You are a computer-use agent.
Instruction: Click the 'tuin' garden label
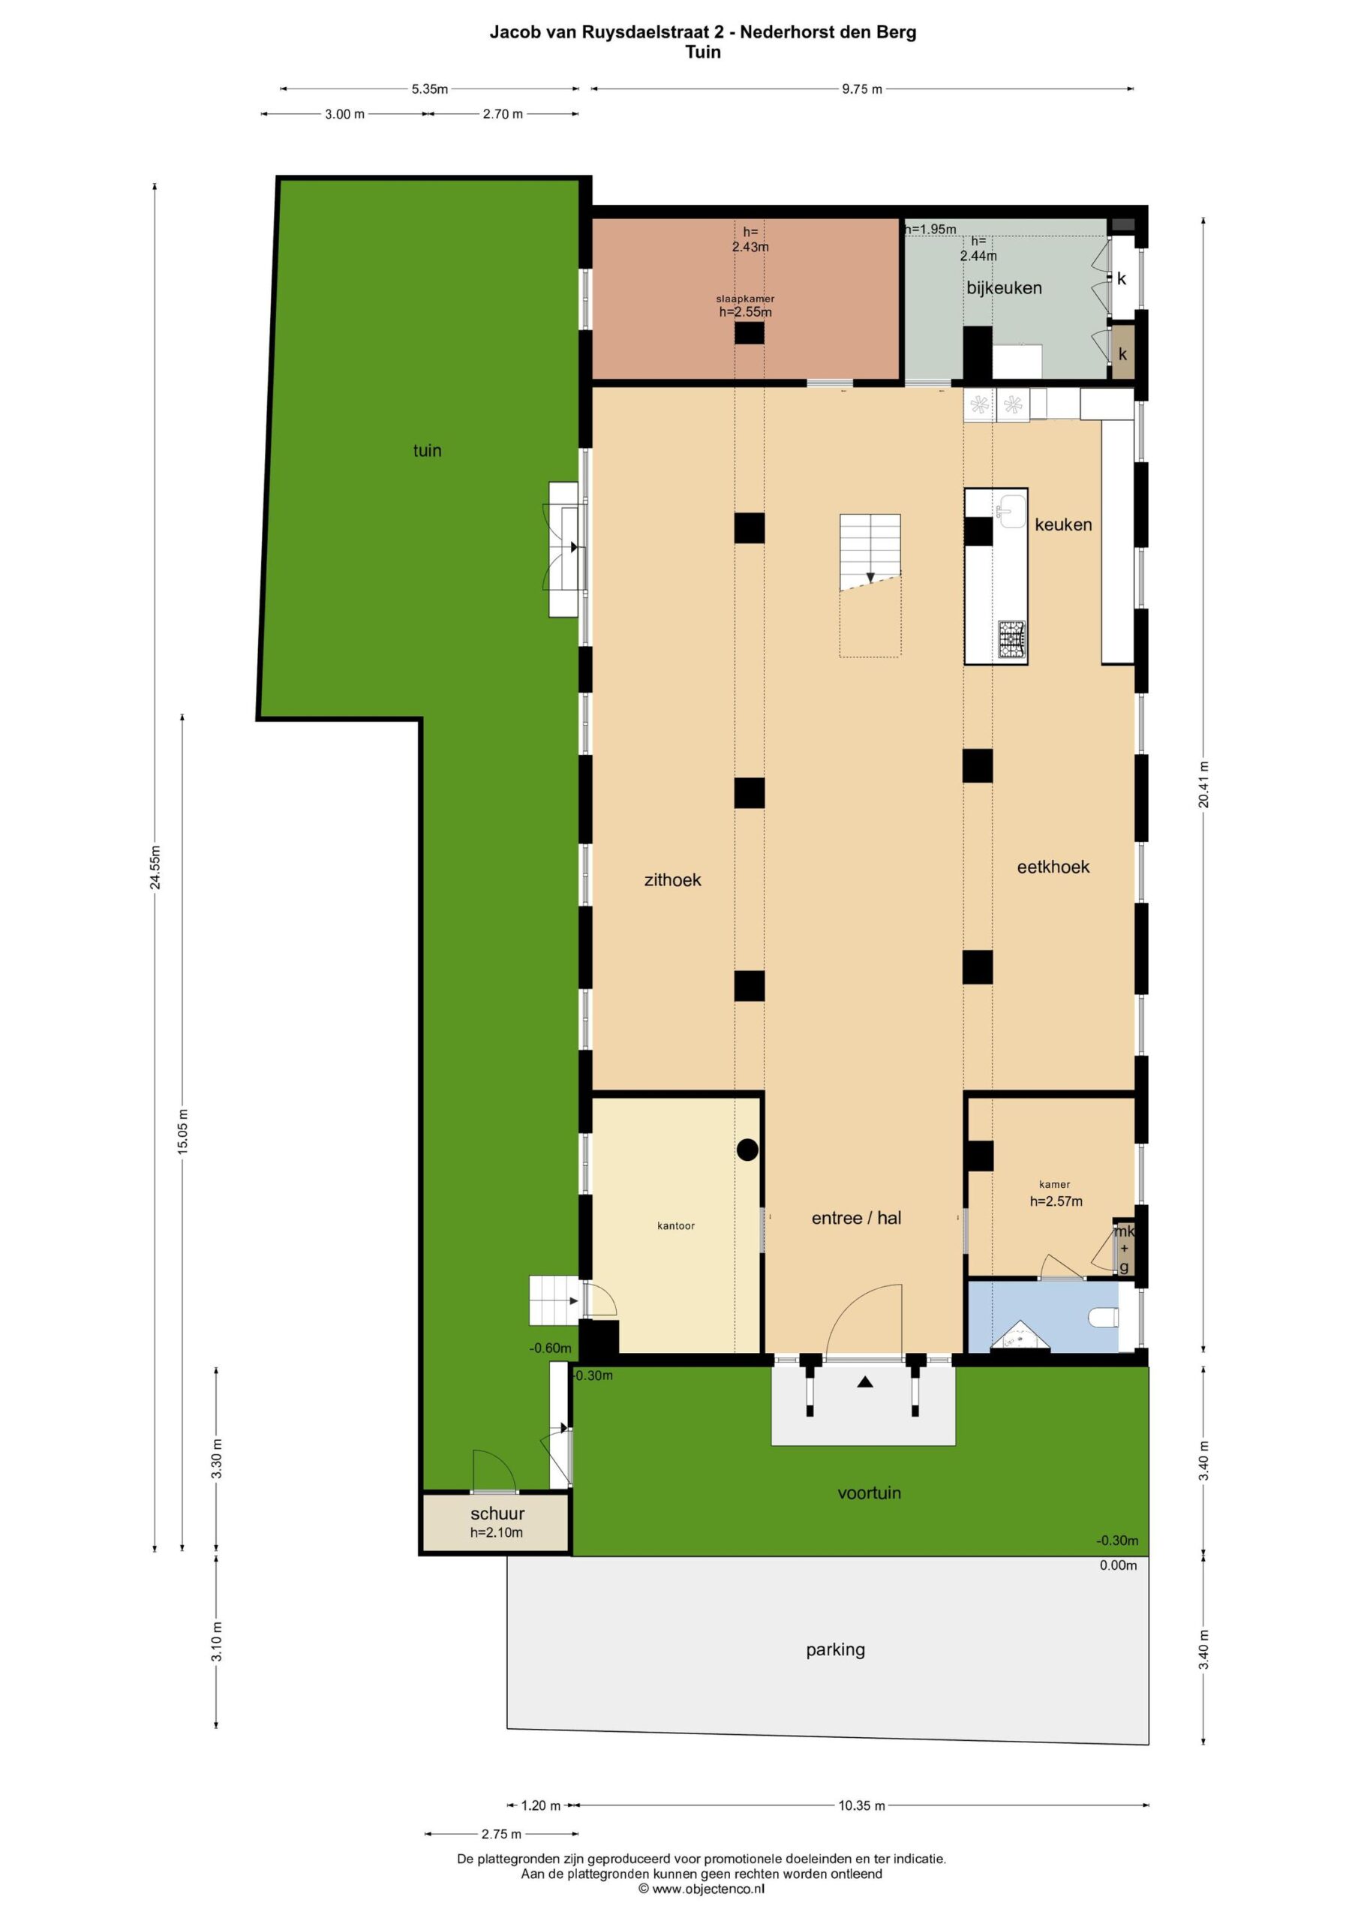[427, 451]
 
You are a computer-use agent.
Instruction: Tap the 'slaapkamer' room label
[745, 299]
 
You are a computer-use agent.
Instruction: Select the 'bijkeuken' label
[1004, 288]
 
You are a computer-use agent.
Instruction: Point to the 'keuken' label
[1063, 525]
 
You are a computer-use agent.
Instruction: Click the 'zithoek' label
[673, 879]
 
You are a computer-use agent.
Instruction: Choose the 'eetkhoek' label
[1053, 867]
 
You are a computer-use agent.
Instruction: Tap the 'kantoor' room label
[676, 1225]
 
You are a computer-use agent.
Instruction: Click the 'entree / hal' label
[857, 1218]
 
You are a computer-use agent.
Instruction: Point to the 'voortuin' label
[870, 1493]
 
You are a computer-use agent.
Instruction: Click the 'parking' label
[835, 1650]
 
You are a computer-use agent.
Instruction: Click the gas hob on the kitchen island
[1012, 641]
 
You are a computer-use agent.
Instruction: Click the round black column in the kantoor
[747, 1150]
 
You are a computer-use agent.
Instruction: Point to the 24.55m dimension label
[155, 867]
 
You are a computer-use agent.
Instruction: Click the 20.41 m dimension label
[1203, 784]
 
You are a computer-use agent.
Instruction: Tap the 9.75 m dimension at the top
[862, 89]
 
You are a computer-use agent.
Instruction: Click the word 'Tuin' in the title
[703, 52]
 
